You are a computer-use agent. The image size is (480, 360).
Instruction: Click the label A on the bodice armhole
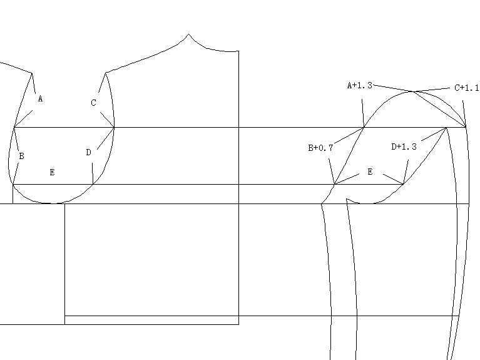tap(40, 99)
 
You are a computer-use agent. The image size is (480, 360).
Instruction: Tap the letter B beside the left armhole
tap(21, 156)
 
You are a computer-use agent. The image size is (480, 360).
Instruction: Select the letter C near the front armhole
tap(94, 103)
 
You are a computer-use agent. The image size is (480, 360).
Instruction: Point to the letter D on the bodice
tap(88, 152)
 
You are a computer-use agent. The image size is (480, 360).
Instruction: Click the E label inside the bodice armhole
tap(52, 172)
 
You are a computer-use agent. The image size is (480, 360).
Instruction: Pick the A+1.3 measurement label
tap(360, 85)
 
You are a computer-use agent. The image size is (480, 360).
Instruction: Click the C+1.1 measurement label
tap(466, 88)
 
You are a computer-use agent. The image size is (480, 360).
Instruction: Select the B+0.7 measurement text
tap(320, 148)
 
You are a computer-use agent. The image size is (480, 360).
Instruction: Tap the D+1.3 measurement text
tap(404, 147)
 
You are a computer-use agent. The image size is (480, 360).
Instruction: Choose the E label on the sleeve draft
tap(370, 172)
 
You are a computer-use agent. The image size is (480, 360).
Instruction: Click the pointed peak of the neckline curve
tap(189, 34)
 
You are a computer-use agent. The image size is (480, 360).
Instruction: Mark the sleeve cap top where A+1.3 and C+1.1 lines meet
tap(413, 92)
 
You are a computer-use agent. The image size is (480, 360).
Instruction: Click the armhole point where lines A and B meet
tap(14, 128)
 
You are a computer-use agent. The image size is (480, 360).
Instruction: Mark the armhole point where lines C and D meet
tap(115, 128)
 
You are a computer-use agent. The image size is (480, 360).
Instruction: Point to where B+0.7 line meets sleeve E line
tap(335, 184)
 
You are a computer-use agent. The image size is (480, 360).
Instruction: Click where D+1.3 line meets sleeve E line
tap(404, 184)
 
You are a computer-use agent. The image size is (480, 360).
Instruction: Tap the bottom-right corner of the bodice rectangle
tap(238, 324)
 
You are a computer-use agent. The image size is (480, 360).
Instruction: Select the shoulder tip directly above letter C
tap(106, 73)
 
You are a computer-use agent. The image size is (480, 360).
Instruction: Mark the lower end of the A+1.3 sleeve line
tap(364, 128)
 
